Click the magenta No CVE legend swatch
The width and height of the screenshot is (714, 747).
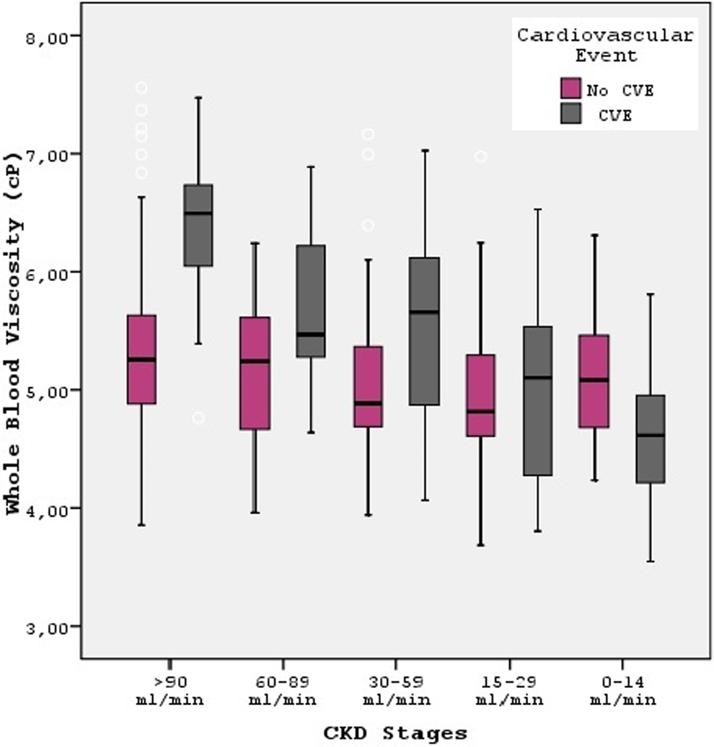(570, 88)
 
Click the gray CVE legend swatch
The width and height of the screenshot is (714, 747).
(570, 113)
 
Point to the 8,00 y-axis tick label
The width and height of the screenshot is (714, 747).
(45, 37)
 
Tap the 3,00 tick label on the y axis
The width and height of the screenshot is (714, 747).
(45, 628)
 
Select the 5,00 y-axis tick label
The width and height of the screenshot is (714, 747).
(45, 392)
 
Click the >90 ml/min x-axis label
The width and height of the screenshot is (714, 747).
(169, 691)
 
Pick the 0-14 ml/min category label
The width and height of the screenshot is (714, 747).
(622, 691)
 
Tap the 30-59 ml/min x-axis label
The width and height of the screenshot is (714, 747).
(396, 691)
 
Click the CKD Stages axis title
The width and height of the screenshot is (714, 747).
(395, 733)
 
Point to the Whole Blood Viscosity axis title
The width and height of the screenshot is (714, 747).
(14, 332)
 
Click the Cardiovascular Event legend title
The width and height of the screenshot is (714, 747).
(605, 45)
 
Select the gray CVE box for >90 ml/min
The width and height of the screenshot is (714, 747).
(198, 225)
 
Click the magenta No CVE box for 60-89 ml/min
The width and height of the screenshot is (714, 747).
(255, 373)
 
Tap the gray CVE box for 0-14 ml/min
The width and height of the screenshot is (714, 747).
(651, 439)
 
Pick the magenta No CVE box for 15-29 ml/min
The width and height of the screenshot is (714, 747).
(480, 395)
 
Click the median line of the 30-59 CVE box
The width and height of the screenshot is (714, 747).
(425, 312)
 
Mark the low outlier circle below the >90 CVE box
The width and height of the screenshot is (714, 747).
(199, 417)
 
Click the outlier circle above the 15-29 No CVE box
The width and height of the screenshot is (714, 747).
(480, 156)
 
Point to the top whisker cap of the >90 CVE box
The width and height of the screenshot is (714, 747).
(199, 97)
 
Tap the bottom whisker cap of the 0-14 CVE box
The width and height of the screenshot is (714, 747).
(651, 562)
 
